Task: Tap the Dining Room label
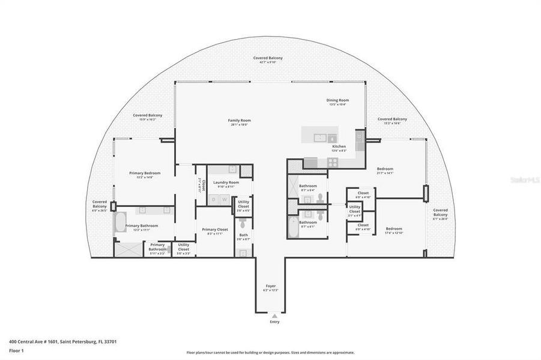click(337, 102)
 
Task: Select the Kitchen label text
click(339, 148)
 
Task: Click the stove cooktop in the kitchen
click(333, 161)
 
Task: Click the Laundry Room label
click(225, 184)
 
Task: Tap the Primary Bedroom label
click(145, 175)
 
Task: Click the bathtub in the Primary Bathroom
click(121, 225)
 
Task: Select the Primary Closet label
click(214, 230)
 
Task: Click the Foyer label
click(270, 287)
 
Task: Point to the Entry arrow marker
click(274, 315)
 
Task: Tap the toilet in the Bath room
click(243, 253)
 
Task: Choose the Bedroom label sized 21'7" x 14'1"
click(384, 171)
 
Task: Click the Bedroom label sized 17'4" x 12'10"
click(394, 230)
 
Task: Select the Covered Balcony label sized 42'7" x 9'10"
click(267, 59)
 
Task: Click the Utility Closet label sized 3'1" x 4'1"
click(355, 209)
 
